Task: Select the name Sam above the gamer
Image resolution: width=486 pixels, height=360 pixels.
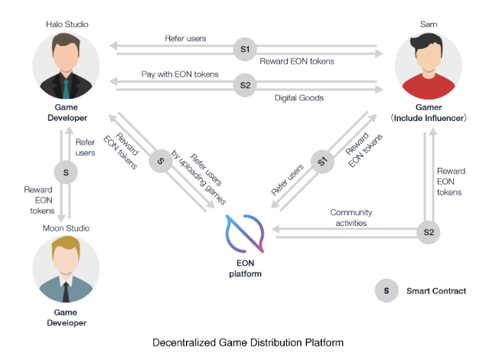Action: (429, 24)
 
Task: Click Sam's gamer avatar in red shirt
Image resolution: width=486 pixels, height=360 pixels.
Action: (429, 67)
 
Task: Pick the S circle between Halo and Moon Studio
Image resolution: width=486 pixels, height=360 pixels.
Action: (65, 172)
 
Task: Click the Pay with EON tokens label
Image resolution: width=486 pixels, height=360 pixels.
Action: (180, 74)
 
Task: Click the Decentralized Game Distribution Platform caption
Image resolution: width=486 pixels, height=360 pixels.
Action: (243, 342)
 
